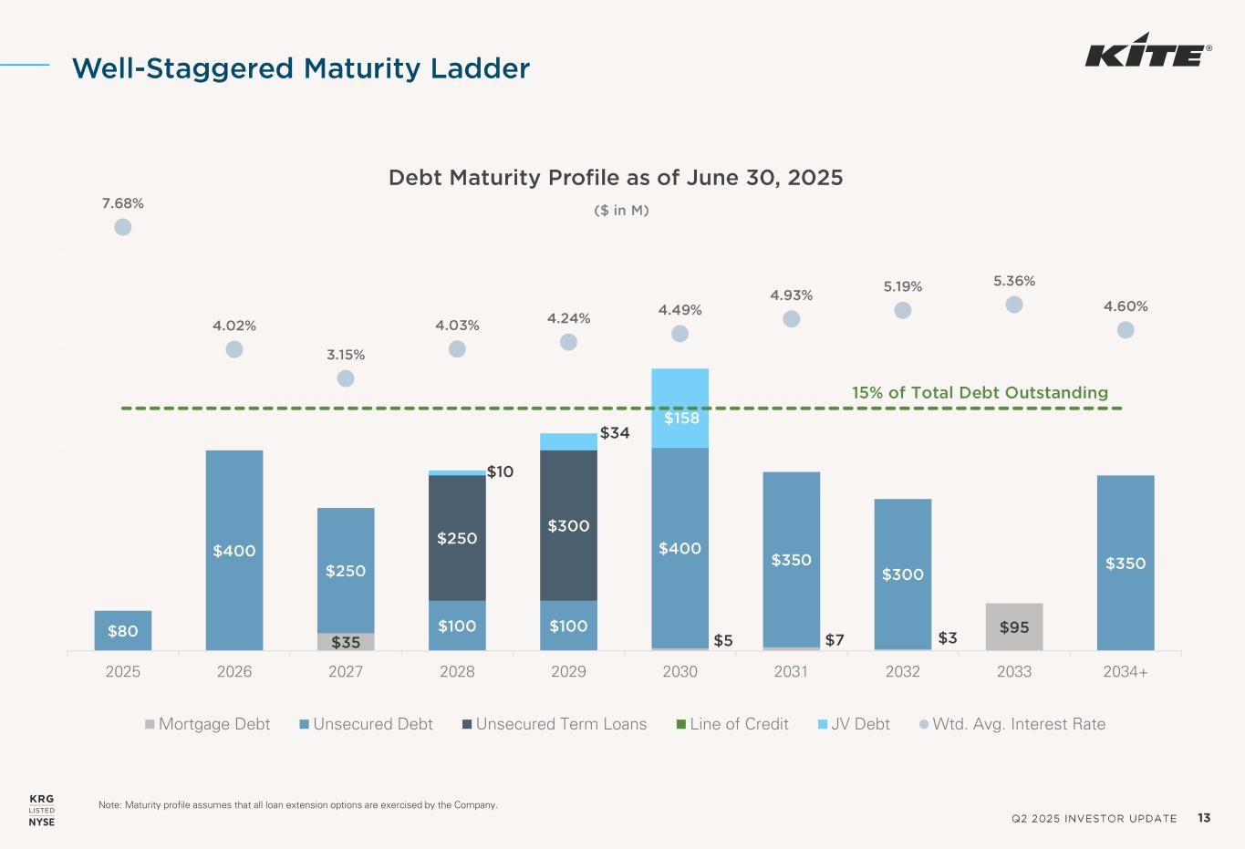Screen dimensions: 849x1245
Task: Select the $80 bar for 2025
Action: tap(123, 630)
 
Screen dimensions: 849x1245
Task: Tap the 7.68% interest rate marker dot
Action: tap(123, 227)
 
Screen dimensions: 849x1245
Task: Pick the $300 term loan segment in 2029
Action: tap(568, 525)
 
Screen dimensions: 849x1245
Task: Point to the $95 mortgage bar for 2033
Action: tap(1014, 626)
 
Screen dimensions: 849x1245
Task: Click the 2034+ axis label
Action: tap(1126, 672)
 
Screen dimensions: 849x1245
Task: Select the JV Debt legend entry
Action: tap(854, 724)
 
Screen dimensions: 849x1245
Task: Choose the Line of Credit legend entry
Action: tap(732, 724)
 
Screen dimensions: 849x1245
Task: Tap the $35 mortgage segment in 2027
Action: tap(346, 642)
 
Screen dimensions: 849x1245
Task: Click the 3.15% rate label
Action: tap(346, 355)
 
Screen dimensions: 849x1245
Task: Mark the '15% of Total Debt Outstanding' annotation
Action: tap(980, 393)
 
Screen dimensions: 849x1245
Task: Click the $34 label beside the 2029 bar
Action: tap(615, 433)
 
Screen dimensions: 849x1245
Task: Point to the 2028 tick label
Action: tap(457, 672)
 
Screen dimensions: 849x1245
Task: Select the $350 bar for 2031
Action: tap(791, 559)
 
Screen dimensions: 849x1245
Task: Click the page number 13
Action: tap(1204, 818)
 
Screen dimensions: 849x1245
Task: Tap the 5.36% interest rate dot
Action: tap(1014, 305)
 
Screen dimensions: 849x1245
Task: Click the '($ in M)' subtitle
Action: tap(621, 211)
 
